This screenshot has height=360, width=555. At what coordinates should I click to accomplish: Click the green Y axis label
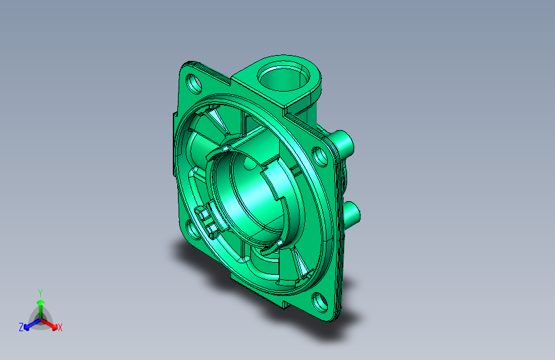coord(40,293)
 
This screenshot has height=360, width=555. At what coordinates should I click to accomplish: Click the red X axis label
coord(60,328)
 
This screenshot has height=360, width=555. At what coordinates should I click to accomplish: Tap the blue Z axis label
coord(21,327)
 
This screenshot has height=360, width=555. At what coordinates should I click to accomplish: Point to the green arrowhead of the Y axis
coord(41,302)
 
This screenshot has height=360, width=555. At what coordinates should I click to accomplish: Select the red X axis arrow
coord(49,324)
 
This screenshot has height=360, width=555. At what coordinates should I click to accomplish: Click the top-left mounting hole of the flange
coord(193,83)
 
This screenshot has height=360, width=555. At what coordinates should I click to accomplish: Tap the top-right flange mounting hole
coord(320,156)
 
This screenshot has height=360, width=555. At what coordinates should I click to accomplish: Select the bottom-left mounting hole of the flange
coord(192,230)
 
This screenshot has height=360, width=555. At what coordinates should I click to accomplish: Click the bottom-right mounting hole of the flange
coord(320,302)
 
